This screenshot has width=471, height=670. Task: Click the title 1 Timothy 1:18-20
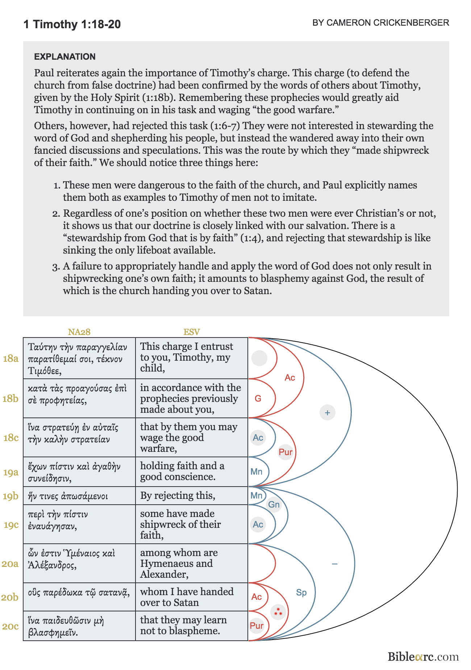click(72, 24)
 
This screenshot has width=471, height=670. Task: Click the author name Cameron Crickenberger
click(380, 23)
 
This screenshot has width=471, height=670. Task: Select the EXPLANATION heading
click(65, 56)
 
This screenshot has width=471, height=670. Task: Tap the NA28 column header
click(79, 332)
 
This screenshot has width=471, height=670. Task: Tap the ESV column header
click(191, 332)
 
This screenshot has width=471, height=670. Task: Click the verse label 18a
click(11, 358)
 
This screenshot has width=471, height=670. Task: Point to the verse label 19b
click(11, 496)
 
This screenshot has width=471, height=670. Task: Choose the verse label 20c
click(10, 626)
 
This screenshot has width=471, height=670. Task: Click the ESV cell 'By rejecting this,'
click(178, 495)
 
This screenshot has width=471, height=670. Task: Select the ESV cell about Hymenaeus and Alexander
click(179, 563)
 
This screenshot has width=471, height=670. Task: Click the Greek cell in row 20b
click(79, 592)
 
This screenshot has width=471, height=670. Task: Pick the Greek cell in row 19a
click(74, 472)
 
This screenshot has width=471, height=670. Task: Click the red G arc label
click(258, 398)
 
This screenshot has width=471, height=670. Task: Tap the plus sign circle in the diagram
click(328, 412)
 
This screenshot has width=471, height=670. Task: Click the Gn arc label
click(274, 504)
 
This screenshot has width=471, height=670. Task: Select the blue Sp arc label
click(301, 592)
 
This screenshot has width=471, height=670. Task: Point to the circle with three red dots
click(278, 612)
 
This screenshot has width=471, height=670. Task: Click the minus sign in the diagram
click(334, 564)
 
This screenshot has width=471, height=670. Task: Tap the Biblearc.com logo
click(423, 657)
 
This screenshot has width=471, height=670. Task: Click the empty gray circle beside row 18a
click(259, 358)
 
